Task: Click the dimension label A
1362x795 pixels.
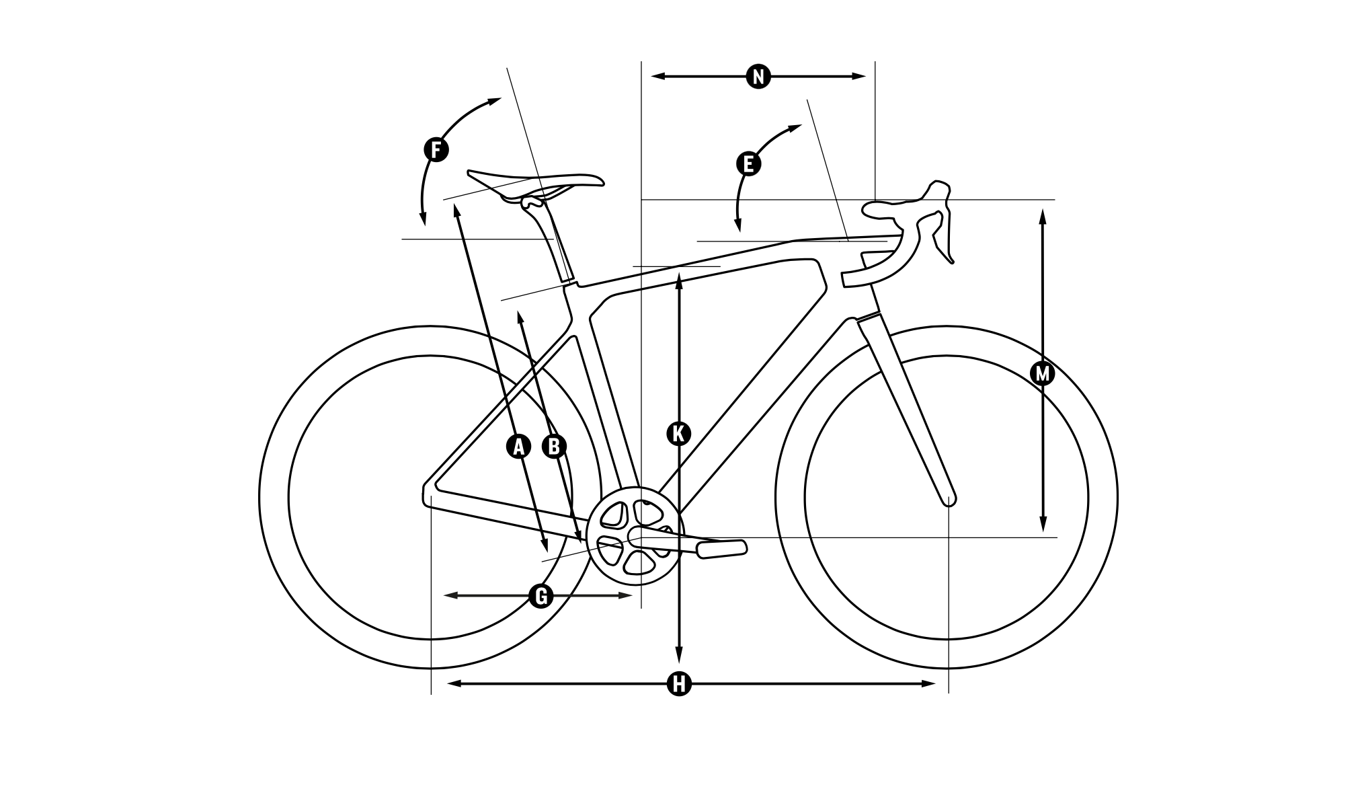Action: point(518,447)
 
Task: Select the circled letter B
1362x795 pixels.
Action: point(554,447)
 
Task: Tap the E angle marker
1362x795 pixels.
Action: point(748,163)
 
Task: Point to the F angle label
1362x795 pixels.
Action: point(436,149)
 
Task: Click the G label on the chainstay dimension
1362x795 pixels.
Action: point(540,596)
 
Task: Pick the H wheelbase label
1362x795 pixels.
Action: point(679,684)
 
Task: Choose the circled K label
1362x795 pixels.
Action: point(679,434)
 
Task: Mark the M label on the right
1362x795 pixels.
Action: point(1043,373)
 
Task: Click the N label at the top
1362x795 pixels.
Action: point(758,77)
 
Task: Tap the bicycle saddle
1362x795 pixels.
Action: point(538,182)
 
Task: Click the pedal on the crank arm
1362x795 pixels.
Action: point(721,548)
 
